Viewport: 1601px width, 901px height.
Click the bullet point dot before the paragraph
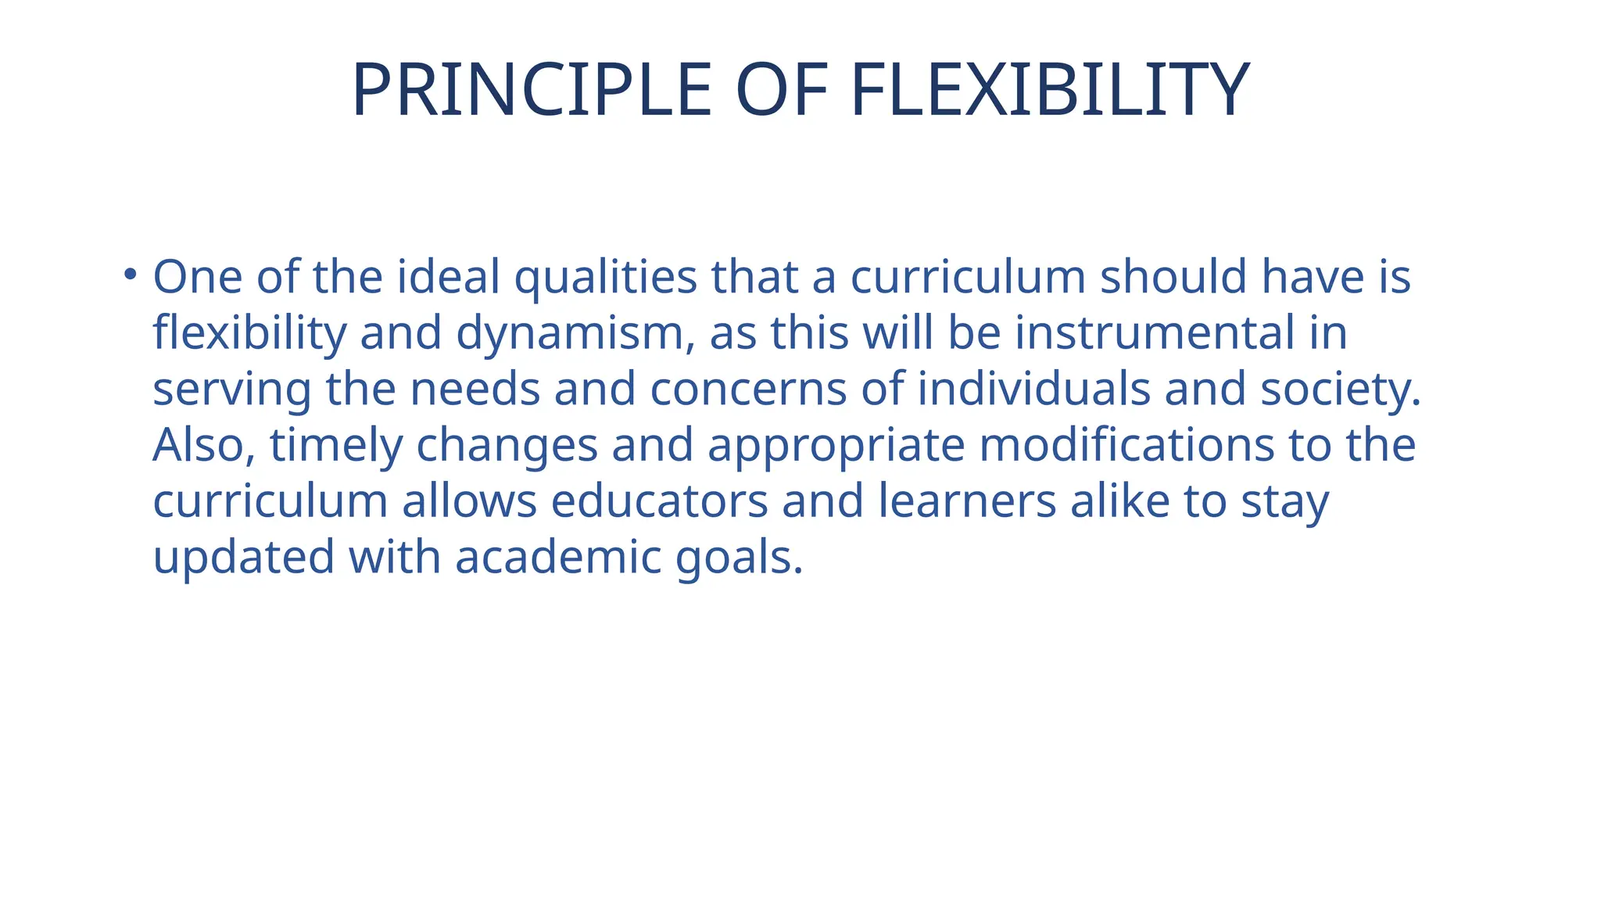pos(130,275)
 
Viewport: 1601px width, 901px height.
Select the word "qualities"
pos(605,278)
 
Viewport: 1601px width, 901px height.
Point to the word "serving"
pos(232,390)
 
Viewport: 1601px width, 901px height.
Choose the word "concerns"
pos(748,389)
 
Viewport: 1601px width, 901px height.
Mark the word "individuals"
pos(1033,389)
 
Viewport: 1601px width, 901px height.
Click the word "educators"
pos(659,501)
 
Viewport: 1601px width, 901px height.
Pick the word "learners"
pos(967,501)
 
